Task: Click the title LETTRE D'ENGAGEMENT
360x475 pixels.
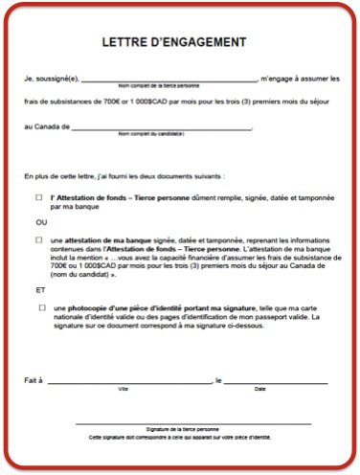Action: [174, 42]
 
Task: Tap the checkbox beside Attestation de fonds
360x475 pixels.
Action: [39, 197]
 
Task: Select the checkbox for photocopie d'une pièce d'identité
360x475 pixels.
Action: [42, 307]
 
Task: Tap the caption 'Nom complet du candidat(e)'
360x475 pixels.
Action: [150, 133]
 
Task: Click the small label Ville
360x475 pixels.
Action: [123, 388]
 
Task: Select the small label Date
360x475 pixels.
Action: [259, 388]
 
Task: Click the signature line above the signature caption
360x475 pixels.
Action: [192, 422]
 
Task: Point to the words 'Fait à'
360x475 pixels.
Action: [33, 379]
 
